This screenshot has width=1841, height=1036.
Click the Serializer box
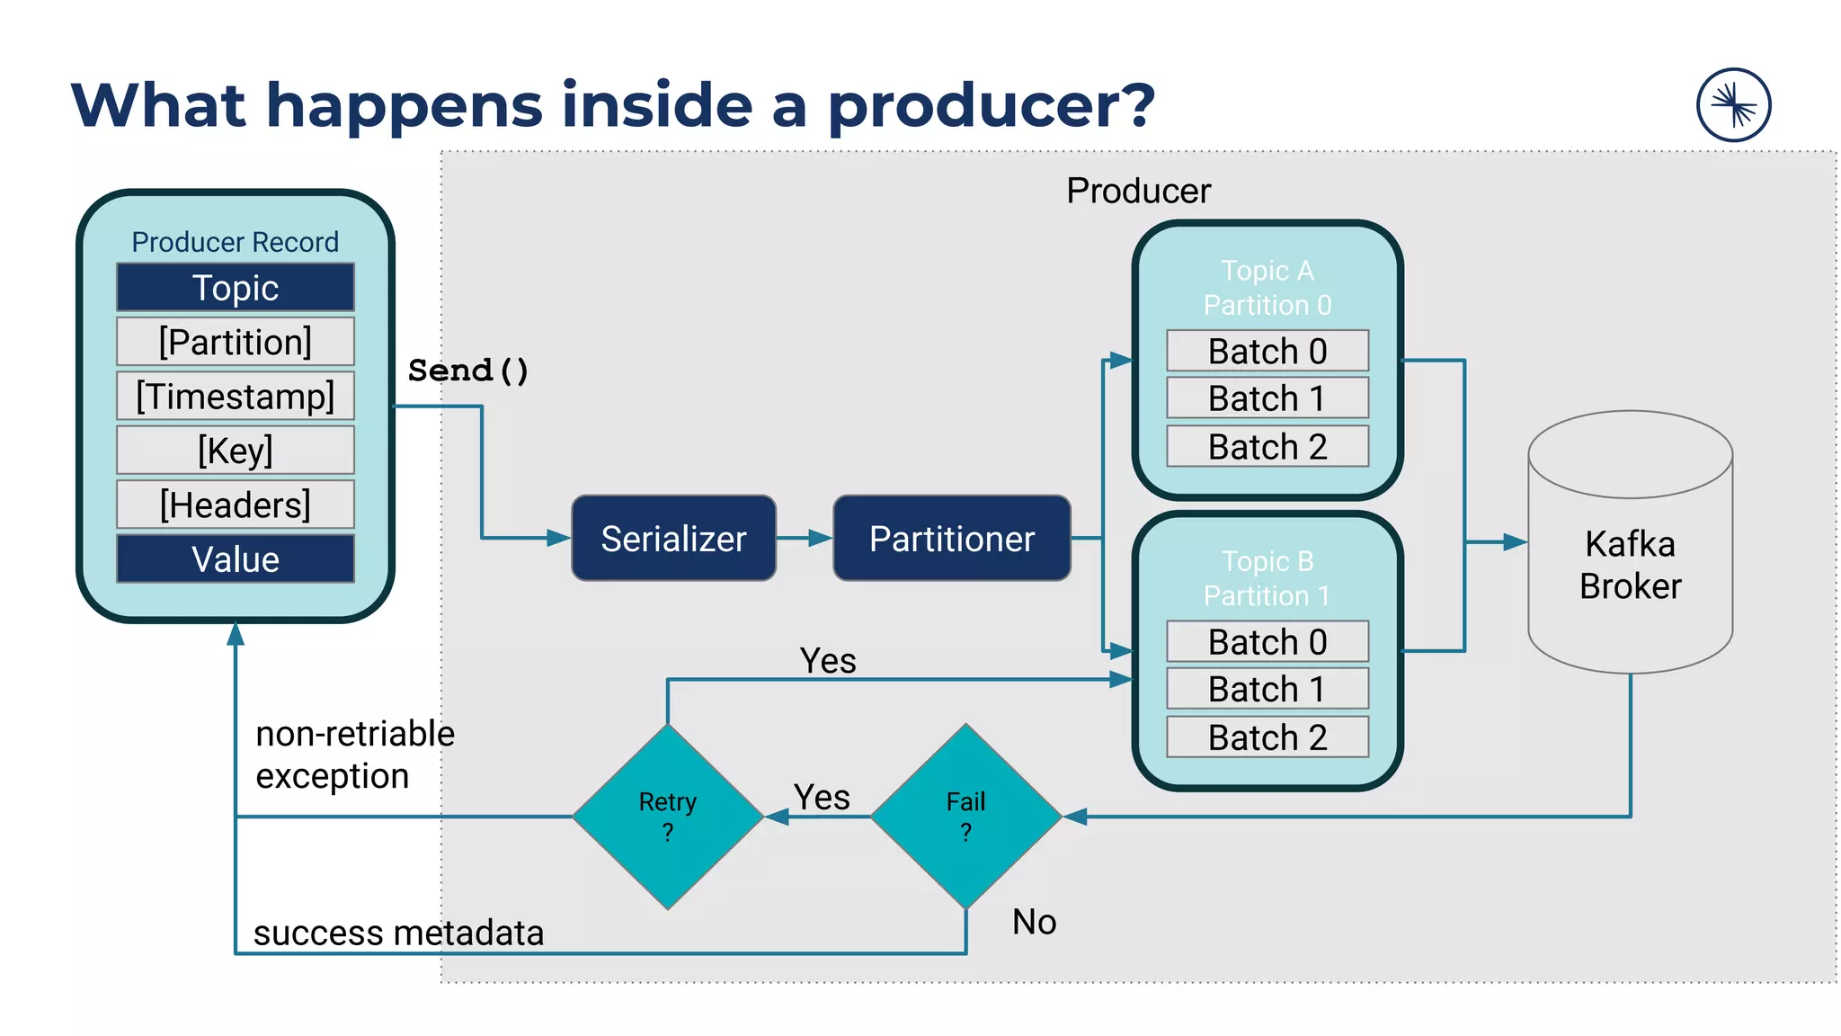tap(673, 539)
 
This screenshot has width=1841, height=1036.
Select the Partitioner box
tap(951, 539)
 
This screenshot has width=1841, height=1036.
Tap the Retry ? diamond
tap(667, 816)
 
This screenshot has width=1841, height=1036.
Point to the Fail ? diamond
tap(965, 816)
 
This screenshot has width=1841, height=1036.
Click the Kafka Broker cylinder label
tap(1630, 565)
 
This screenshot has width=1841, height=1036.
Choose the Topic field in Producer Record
tap(236, 288)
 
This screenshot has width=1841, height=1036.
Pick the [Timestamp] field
tap(236, 396)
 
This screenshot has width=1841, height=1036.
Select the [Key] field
tap(236, 450)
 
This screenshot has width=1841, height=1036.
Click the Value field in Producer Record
tap(236, 559)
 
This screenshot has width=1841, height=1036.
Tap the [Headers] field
tap(236, 505)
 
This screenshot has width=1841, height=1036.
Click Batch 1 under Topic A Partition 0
tap(1267, 398)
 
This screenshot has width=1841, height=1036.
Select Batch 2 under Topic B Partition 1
tap(1267, 737)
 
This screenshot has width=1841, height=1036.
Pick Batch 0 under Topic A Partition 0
tap(1267, 351)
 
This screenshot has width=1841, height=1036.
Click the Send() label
tap(468, 371)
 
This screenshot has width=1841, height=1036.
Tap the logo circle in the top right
tap(1733, 105)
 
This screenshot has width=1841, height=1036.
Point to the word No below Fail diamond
tap(1034, 922)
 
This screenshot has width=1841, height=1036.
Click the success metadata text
tap(398, 933)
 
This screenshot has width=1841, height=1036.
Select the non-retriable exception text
tap(355, 755)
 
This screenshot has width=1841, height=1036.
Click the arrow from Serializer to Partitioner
tap(805, 539)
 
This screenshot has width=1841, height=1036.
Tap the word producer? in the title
tap(991, 106)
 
